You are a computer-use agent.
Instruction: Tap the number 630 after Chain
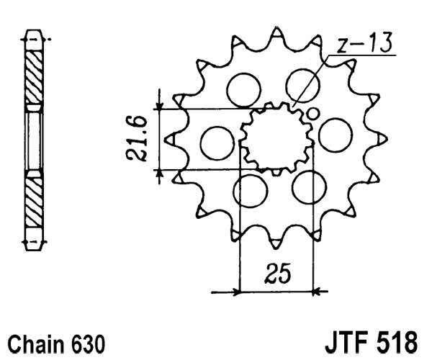click(88, 341)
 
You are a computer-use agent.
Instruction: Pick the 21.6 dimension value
click(141, 138)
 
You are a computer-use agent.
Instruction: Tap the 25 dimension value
click(276, 274)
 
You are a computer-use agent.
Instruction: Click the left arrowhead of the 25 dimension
click(233, 292)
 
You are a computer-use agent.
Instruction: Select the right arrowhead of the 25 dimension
click(320, 292)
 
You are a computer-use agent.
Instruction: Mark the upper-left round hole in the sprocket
click(243, 89)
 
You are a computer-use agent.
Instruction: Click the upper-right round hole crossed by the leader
click(302, 85)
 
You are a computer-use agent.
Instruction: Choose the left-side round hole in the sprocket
click(215, 141)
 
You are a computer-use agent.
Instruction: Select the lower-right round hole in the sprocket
click(309, 187)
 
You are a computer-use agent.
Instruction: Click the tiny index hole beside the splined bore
click(312, 113)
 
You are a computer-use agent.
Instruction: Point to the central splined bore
click(276, 138)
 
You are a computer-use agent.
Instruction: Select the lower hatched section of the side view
click(34, 202)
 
